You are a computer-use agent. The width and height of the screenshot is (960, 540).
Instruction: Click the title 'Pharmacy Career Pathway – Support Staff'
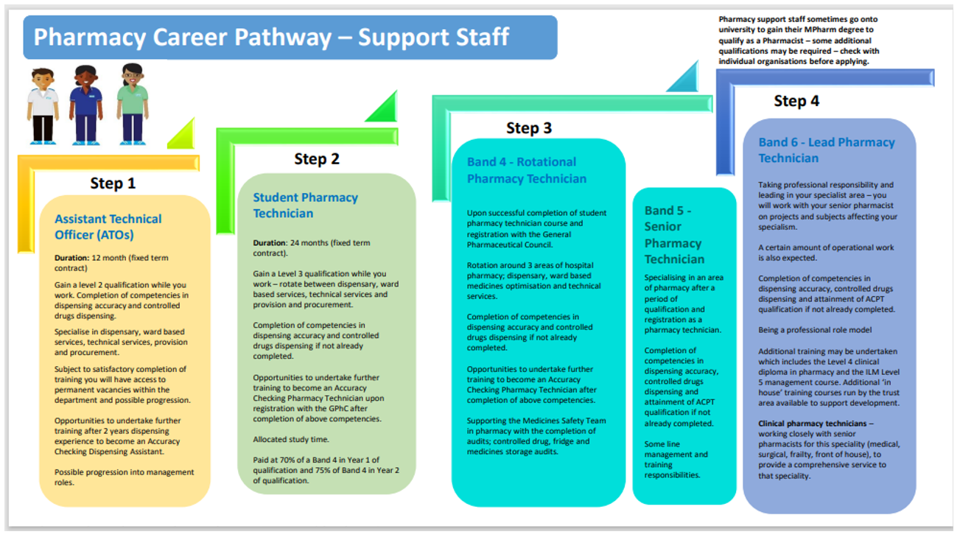271,38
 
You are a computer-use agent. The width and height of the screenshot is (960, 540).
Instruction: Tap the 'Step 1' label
113,183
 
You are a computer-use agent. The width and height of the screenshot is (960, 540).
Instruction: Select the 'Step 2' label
317,159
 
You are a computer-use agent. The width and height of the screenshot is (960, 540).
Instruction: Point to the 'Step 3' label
528,128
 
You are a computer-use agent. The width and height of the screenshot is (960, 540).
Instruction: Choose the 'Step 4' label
796,101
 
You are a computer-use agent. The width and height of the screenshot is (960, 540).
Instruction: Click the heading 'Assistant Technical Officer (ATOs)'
108,227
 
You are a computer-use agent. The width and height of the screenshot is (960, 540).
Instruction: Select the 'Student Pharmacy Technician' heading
305,206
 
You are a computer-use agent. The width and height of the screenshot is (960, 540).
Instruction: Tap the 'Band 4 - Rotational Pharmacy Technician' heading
526,170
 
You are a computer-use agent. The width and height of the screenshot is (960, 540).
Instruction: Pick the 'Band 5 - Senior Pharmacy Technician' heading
674,235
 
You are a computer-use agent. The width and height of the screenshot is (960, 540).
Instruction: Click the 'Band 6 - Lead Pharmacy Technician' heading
826,150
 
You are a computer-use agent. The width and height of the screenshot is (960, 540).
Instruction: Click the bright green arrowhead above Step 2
384,108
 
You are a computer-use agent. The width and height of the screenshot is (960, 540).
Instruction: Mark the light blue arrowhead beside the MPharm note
686,78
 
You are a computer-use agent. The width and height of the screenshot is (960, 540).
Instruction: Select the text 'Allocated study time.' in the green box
290,438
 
